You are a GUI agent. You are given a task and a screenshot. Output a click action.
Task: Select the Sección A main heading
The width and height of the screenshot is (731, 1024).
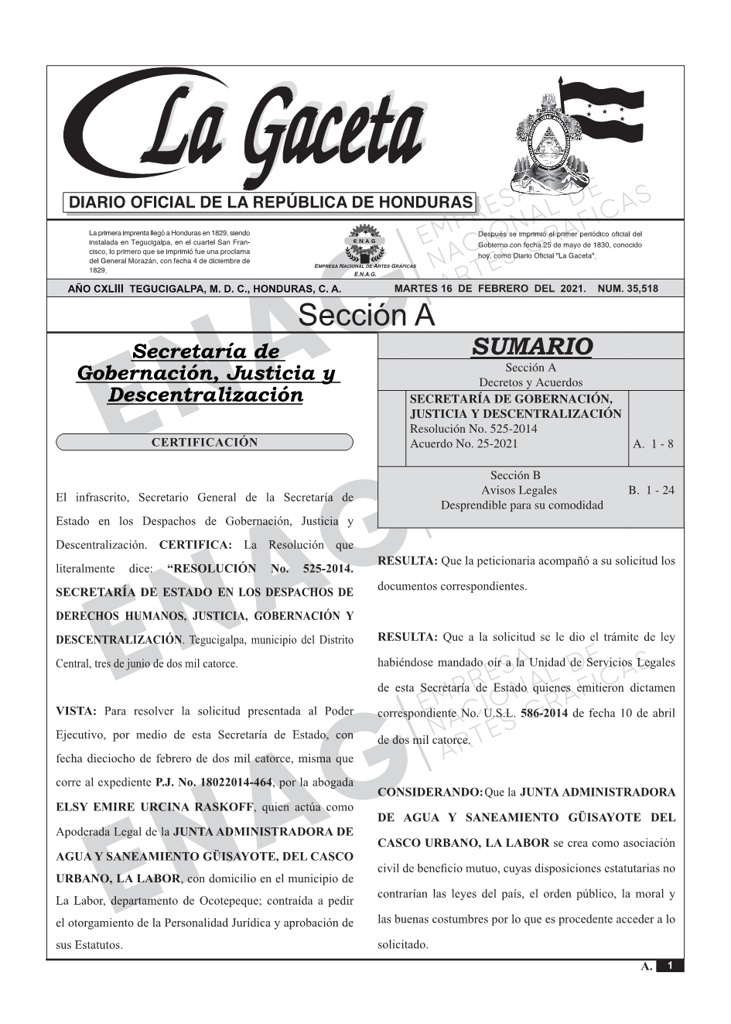tap(366, 316)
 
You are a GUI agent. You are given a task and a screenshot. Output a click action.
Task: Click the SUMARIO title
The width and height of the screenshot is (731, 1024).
tap(531, 346)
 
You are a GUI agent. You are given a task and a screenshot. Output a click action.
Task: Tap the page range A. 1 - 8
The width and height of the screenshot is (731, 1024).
tap(653, 444)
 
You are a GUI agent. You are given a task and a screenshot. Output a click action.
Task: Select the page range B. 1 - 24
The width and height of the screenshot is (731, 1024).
tap(651, 490)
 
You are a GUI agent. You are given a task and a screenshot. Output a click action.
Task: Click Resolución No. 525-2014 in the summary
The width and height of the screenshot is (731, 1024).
tap(473, 429)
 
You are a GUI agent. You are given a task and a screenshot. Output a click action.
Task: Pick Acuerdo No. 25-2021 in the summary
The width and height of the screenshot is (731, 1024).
tap(464, 444)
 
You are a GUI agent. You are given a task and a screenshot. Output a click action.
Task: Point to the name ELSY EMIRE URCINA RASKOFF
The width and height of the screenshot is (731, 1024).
tap(155, 807)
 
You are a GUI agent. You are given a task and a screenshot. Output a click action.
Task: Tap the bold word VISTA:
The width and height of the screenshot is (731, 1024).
tap(76, 711)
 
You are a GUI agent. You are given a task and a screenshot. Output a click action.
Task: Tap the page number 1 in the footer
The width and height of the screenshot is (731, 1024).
tap(670, 966)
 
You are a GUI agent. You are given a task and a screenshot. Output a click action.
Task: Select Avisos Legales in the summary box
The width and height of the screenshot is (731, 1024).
tap(519, 490)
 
